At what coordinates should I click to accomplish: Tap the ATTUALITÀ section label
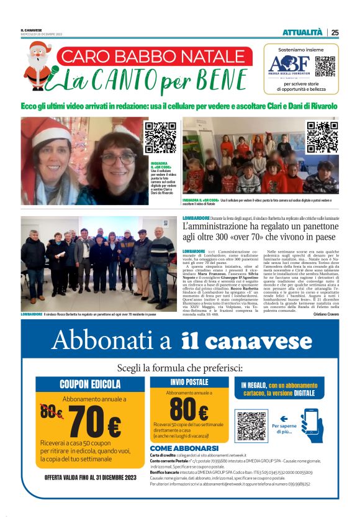pos(302,32)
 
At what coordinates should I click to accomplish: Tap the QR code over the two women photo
pos(160,137)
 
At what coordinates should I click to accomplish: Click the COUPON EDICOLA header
pos(90,384)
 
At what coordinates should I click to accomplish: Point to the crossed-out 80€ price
pos(51,411)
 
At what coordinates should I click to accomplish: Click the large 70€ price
pos(94,424)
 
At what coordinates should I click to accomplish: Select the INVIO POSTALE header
pos(189,381)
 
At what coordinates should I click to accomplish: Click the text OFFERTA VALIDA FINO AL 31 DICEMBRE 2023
pos(90,478)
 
